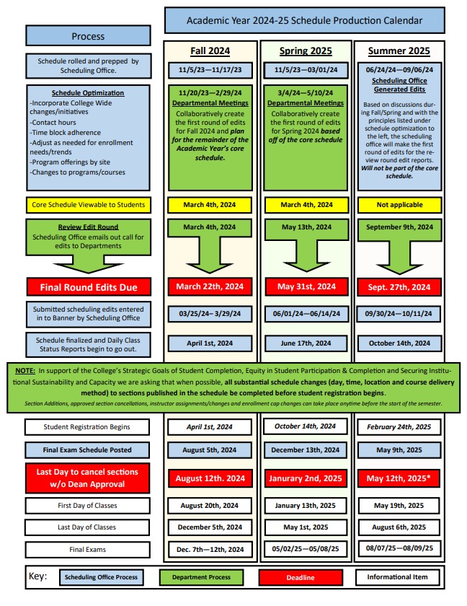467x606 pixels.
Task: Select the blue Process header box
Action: [88, 36]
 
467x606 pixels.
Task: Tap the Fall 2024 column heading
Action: [210, 51]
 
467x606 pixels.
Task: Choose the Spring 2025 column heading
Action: [306, 51]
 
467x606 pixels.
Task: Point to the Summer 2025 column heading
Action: [399, 51]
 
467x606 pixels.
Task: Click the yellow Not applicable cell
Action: [399, 205]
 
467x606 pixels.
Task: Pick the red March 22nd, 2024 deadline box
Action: [210, 286]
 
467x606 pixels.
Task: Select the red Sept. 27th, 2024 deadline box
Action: [399, 286]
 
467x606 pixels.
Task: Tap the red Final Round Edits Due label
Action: [88, 286]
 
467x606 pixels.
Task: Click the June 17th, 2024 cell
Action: [306, 343]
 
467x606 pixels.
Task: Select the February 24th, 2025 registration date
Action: [399, 427]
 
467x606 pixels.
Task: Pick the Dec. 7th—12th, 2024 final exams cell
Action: [210, 550]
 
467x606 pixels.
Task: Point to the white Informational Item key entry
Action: [396, 577]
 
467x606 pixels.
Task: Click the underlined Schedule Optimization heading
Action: [88, 93]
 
